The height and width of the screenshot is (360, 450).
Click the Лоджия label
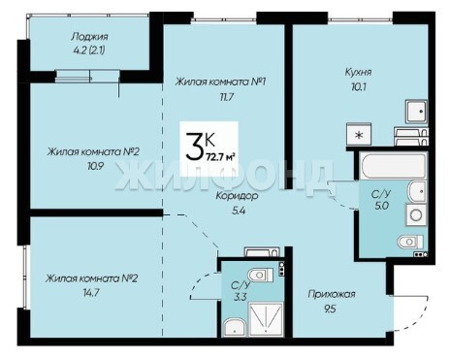click(89, 37)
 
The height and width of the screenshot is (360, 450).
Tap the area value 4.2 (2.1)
click(89, 50)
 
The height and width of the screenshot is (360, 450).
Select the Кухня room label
click(358, 72)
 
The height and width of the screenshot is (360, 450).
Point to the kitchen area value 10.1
click(359, 86)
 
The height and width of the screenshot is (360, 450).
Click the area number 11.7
click(226, 97)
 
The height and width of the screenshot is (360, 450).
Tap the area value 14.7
click(91, 293)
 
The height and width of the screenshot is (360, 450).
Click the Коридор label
click(237, 196)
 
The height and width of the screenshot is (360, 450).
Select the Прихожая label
click(332, 294)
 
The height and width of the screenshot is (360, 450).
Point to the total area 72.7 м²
click(220, 157)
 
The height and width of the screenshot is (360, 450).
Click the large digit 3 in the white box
click(195, 147)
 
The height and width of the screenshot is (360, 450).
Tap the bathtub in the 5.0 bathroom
click(393, 166)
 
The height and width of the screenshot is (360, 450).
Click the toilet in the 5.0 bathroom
click(410, 242)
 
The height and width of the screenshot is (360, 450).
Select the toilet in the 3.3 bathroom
click(261, 275)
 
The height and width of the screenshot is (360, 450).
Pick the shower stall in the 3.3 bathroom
click(266, 319)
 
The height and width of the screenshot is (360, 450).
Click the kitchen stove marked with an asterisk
click(359, 135)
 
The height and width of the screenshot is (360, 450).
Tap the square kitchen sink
click(416, 112)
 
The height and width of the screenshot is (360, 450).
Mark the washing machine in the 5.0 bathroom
click(416, 214)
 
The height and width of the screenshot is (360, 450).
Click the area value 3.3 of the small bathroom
click(241, 297)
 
